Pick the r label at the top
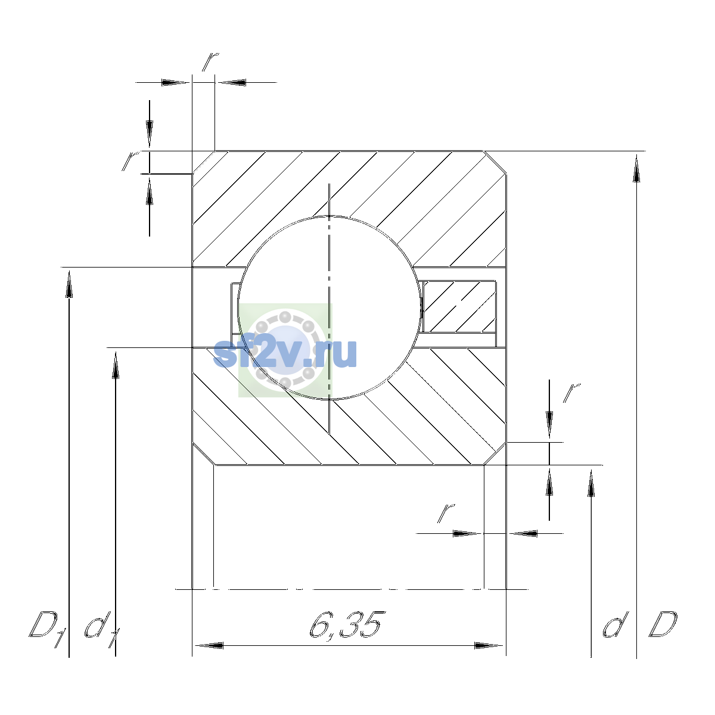coord(210,61)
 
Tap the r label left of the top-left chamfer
coord(130,161)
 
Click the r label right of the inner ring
coord(572,393)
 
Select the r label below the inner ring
coord(446,513)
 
